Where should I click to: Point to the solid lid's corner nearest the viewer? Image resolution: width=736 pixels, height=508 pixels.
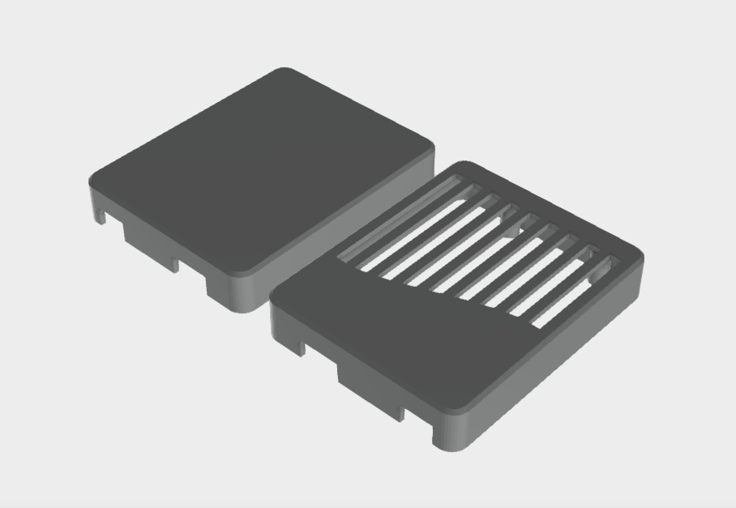pyautogui.click(x=241, y=272)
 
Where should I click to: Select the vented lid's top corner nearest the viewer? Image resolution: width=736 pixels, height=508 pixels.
pyautogui.click(x=450, y=404)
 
